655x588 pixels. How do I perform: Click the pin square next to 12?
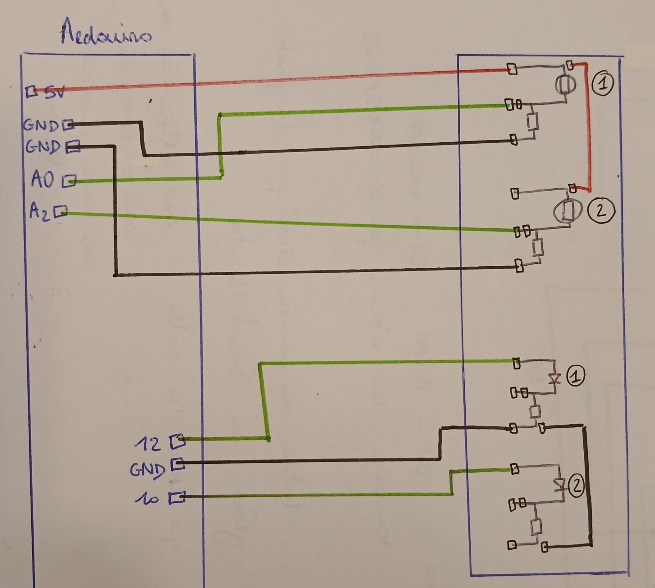coord(178,441)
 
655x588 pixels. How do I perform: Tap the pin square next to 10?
coord(177,498)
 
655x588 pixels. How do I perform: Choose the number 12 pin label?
coord(147,444)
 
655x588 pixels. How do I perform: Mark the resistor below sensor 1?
coord(533,122)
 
